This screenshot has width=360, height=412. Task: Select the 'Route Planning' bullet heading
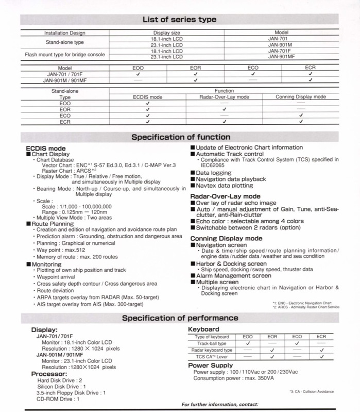[x=52, y=225]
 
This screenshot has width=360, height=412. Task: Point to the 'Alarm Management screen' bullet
[x=232, y=276]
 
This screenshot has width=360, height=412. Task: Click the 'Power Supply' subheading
[x=210, y=366]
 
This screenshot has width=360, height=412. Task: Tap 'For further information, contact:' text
[x=220, y=404]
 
